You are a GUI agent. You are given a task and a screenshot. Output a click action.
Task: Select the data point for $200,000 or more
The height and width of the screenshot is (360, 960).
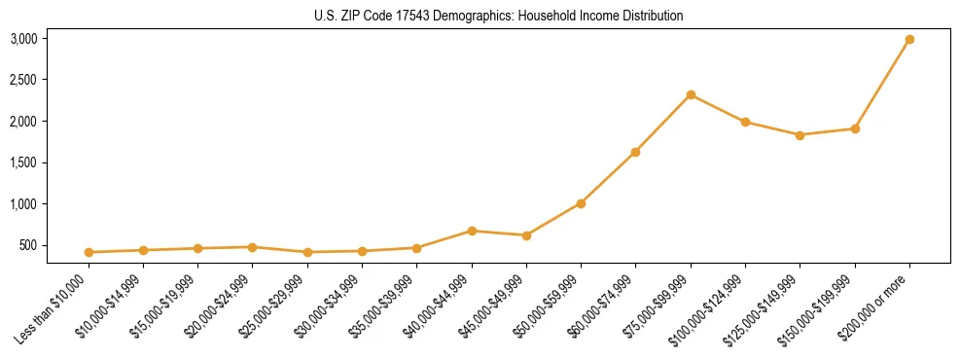tap(909, 40)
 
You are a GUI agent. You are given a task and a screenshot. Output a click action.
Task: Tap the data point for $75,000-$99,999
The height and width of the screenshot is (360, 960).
tap(691, 94)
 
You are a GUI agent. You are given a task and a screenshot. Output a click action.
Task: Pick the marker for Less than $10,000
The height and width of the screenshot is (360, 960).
tap(89, 252)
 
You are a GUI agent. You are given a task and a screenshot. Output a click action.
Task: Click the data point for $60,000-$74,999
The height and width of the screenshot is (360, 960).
tap(635, 152)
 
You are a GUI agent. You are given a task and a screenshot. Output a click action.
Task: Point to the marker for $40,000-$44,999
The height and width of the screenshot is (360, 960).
tap(472, 231)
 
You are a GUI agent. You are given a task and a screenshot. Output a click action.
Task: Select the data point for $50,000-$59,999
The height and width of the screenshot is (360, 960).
tap(581, 203)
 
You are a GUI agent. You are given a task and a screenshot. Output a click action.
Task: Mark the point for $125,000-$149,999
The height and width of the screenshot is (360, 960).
tap(800, 135)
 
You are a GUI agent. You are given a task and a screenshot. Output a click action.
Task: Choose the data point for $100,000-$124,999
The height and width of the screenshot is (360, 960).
tap(745, 122)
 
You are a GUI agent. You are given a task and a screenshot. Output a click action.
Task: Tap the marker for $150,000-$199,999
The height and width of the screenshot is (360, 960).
tap(855, 128)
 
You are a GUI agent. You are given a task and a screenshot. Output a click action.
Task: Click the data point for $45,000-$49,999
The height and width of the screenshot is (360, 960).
tap(526, 235)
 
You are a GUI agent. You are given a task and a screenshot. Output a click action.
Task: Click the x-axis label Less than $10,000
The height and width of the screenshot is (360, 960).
tap(54, 309)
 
